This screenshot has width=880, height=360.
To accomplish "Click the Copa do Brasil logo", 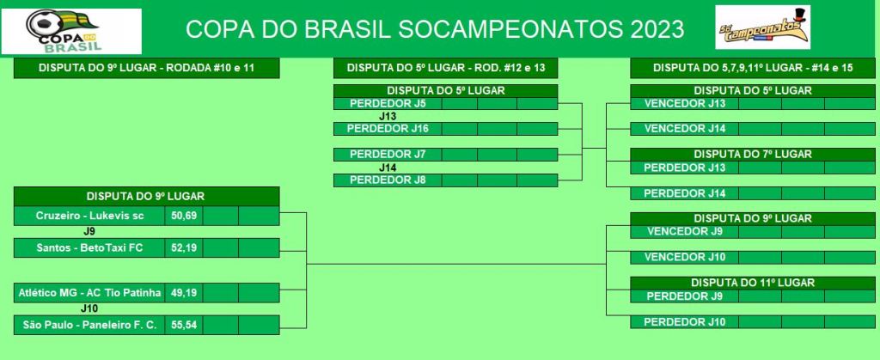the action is [x=71, y=31].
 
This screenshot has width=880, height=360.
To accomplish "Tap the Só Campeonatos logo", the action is [x=763, y=27].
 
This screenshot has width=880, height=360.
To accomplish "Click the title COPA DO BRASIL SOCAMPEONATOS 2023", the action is [x=435, y=29].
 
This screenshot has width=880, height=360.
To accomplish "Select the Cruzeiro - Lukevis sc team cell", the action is [x=89, y=216].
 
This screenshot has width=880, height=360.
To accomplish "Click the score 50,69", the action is [x=184, y=216].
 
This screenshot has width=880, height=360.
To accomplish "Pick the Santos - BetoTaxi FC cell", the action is [x=89, y=247].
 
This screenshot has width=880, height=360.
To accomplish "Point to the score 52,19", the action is [x=184, y=247].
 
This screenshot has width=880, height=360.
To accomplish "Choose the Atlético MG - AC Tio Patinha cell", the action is [x=89, y=293].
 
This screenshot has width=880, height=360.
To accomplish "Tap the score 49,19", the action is [x=184, y=293].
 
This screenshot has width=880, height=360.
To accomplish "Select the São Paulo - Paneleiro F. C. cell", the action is [x=89, y=325].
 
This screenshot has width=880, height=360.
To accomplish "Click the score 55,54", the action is [x=184, y=325].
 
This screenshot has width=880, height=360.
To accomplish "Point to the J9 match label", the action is [x=89, y=231].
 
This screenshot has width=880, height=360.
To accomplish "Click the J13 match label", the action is [x=388, y=117].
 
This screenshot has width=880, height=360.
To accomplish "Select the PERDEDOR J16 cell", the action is [x=388, y=129].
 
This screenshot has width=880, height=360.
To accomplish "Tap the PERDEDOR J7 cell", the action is [x=388, y=154].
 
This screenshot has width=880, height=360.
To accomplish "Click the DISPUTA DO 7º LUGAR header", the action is [x=753, y=154].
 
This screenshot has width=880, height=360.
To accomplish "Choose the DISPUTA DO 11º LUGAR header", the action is [x=753, y=284].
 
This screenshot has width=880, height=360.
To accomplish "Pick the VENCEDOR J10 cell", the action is [x=685, y=258].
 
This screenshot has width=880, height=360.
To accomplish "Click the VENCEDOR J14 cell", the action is [x=685, y=129].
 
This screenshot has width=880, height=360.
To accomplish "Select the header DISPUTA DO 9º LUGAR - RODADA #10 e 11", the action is [x=146, y=69].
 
